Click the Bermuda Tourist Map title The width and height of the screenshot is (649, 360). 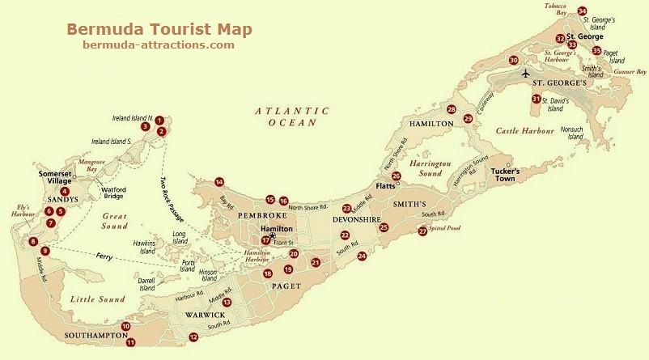click(x=159, y=29)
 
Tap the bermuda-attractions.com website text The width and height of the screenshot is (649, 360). click(x=159, y=45)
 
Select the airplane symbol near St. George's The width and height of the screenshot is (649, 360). click(x=527, y=74)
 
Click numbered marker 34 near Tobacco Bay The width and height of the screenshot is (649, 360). click(x=583, y=11)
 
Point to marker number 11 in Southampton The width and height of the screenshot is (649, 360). click(x=130, y=342)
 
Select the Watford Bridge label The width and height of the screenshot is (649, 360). click(x=113, y=194)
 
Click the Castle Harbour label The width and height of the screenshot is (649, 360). click(x=524, y=130)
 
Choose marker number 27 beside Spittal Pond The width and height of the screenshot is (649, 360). click(x=422, y=231)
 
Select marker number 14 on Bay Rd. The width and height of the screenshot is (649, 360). click(x=218, y=182)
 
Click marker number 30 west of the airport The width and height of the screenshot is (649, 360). click(x=513, y=60)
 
